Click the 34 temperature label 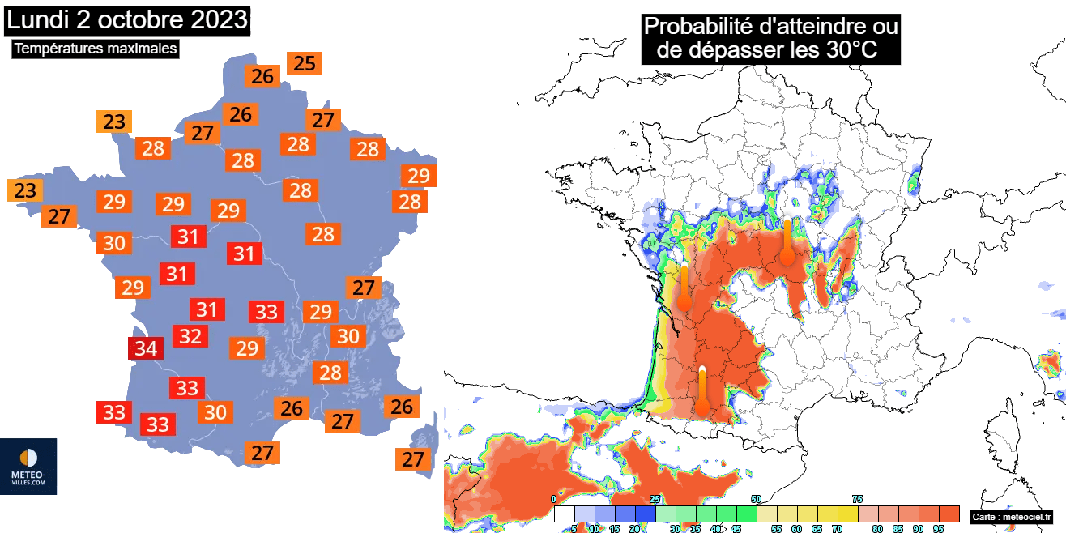pos(146,349)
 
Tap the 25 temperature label pos(305,63)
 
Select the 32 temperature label pos(190,335)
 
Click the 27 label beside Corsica pos(413,459)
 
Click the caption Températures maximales pos(96,49)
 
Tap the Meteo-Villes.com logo pos(28,467)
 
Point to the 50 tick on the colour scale pos(756,499)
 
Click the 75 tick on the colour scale pos(857,499)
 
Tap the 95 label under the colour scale pos(938,528)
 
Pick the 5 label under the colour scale pos(574,528)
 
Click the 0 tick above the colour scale pos(554,499)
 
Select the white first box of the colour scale pos(565,514)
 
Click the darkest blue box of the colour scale pos(646,514)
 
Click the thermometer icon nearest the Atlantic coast pos(684,288)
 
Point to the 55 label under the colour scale pos(776,528)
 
